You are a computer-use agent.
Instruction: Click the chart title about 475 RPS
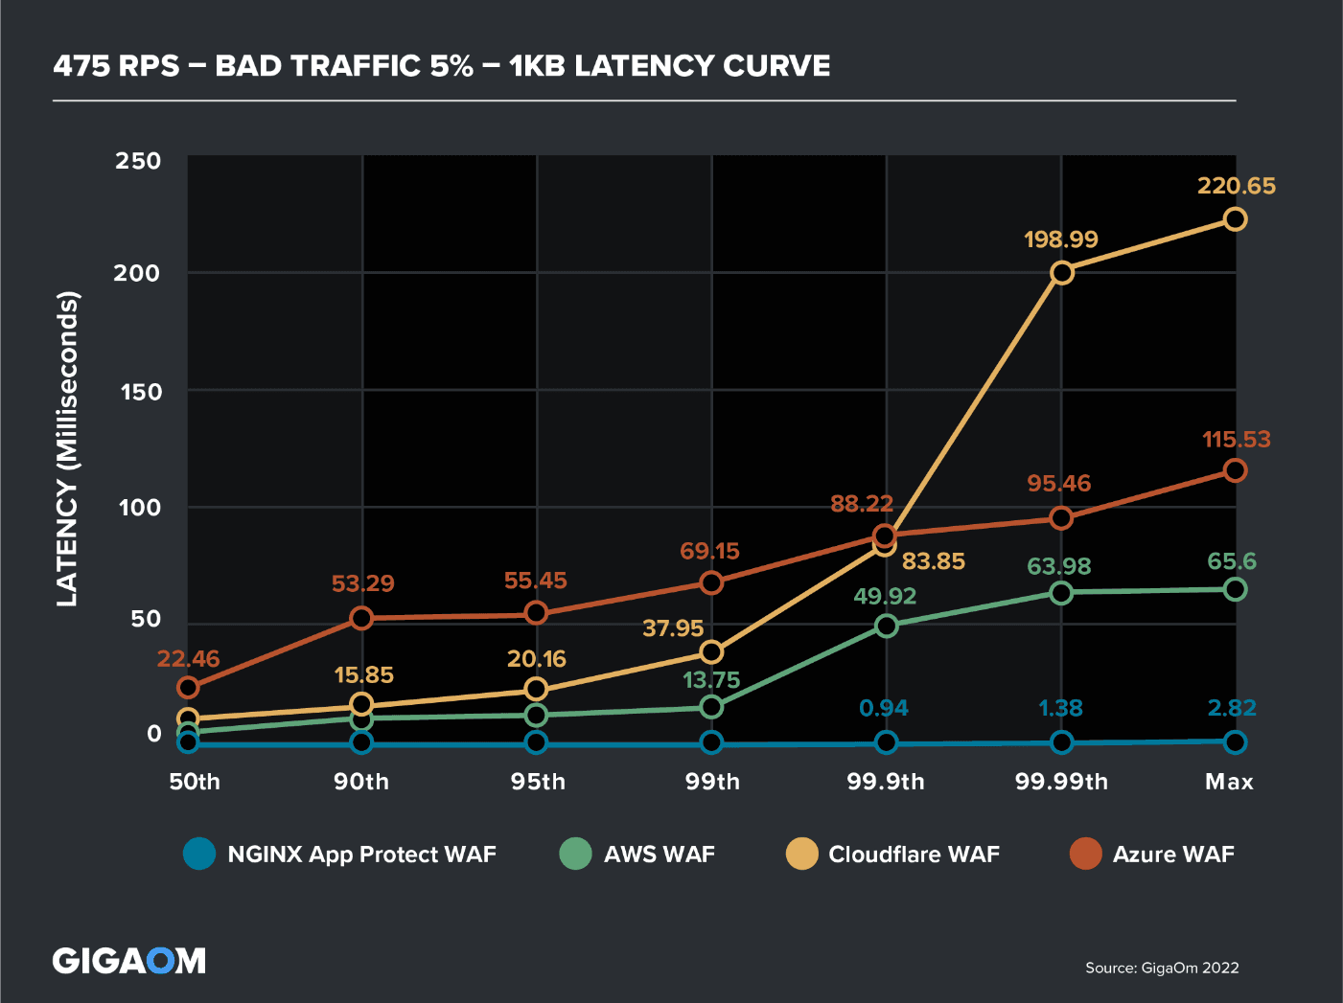pos(442,66)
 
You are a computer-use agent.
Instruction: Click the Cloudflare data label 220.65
pos(1236,186)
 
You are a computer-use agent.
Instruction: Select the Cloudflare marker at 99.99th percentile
pos(1061,273)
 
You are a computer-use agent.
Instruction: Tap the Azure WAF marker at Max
pos(1236,470)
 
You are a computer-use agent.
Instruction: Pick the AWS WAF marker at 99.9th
pos(887,627)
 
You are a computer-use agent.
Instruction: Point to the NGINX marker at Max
pos(1236,741)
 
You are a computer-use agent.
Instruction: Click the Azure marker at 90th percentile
pos(361,618)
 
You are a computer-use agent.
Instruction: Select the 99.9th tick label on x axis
pos(886,782)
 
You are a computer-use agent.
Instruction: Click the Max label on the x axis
pos(1229,782)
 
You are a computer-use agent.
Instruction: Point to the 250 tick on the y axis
pos(138,161)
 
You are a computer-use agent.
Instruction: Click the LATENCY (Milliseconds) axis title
pos(66,448)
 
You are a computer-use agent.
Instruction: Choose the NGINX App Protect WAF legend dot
pos(199,854)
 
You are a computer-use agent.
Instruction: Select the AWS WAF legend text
pos(660,855)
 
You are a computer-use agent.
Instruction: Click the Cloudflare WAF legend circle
pos(801,854)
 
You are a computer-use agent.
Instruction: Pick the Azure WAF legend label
pos(1173,855)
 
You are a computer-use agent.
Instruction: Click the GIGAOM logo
pos(129,961)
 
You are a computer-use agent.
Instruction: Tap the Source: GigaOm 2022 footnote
pos(1162,968)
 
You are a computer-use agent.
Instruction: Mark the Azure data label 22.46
pos(188,659)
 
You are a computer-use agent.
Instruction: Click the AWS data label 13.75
pos(711,680)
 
